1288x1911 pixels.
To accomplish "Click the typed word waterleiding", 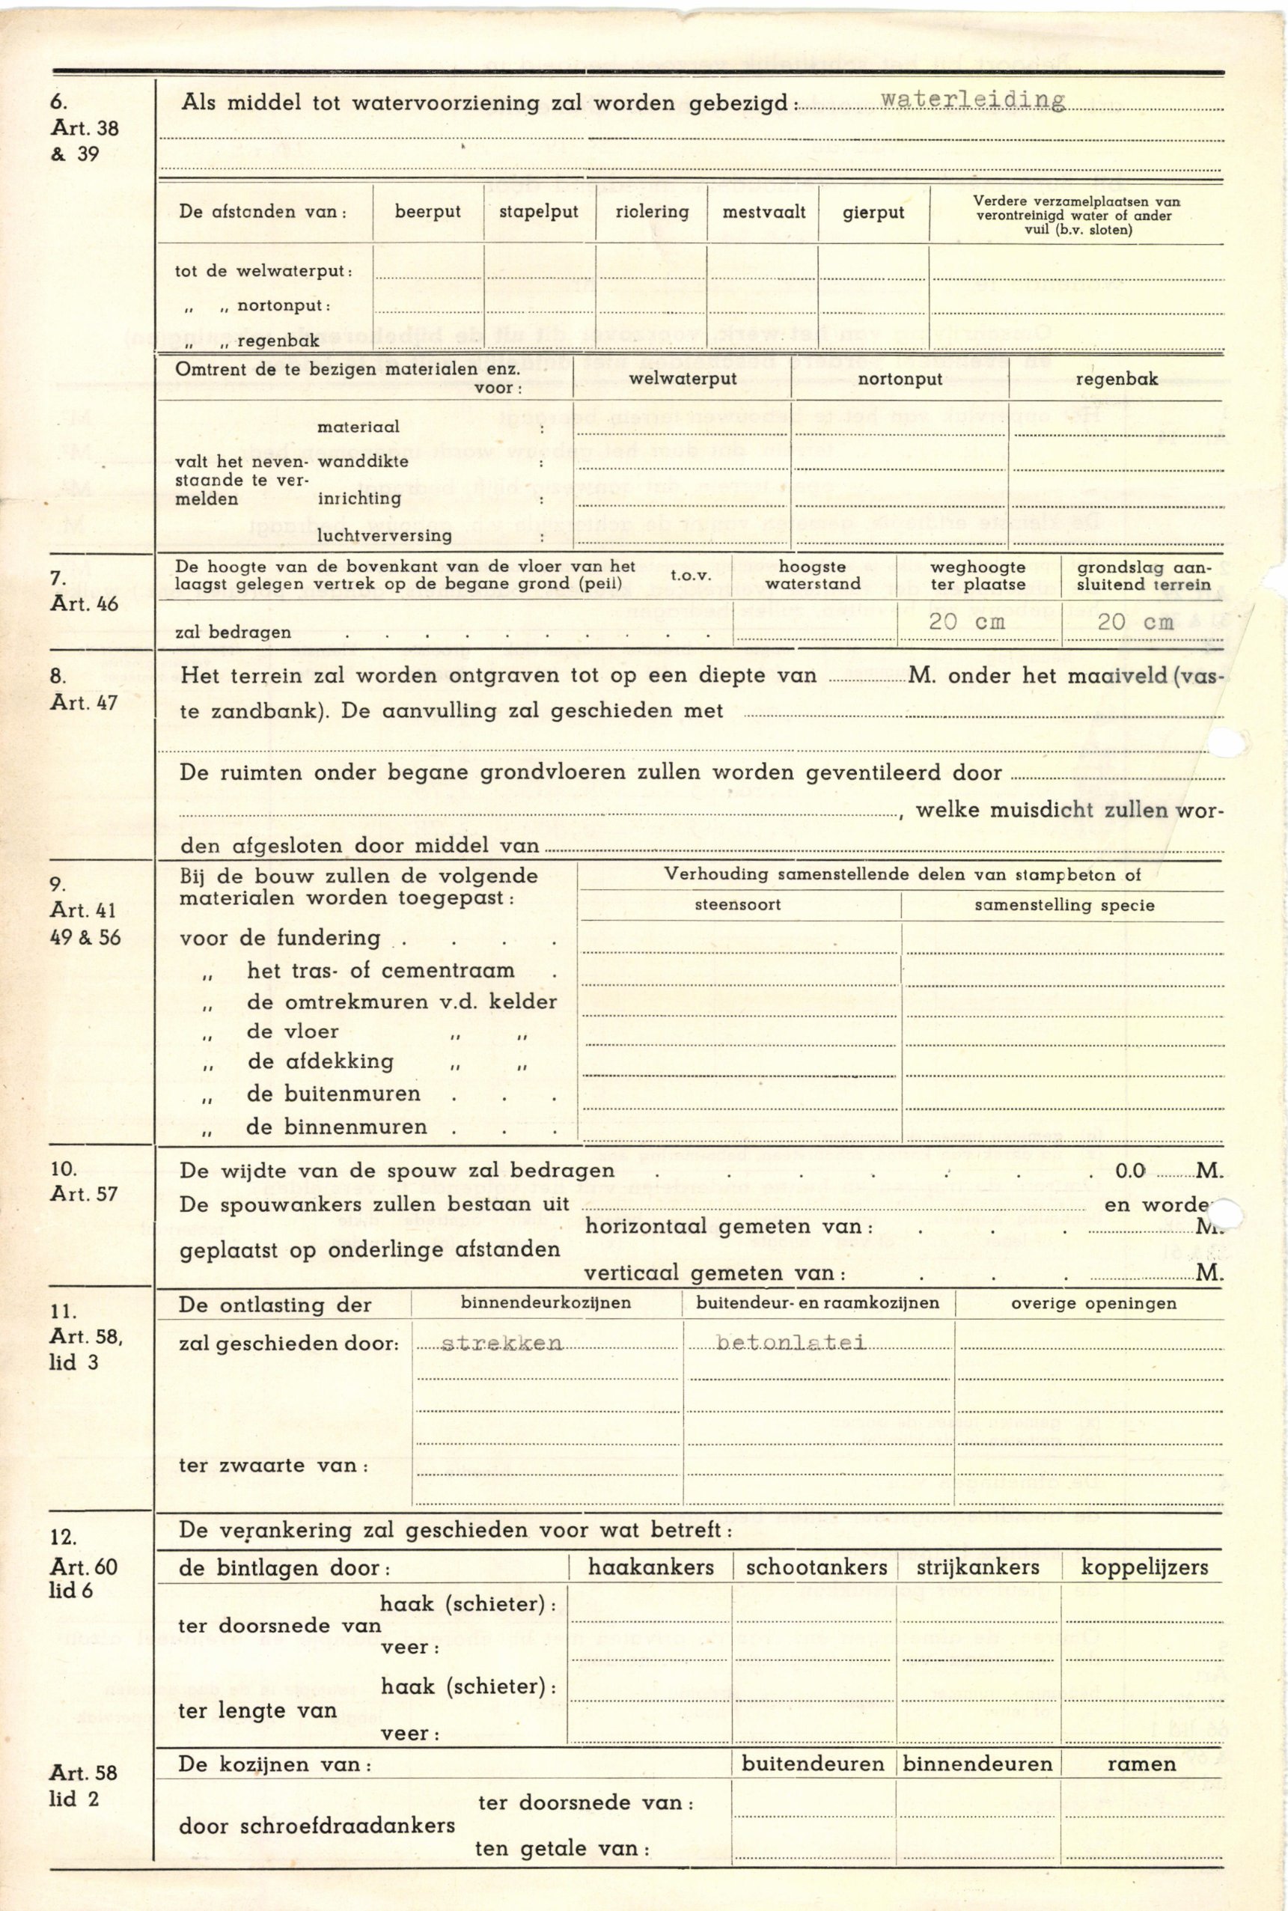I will pos(973,100).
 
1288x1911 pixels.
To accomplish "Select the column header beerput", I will pos(427,212).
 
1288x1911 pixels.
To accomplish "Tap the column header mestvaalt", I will pos(763,212).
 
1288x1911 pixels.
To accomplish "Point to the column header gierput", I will pos(873,212).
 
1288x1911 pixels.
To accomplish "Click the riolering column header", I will pos(651,212).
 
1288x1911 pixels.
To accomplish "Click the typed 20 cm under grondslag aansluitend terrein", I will pos(1135,622).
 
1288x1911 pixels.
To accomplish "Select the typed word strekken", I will pos(502,1344).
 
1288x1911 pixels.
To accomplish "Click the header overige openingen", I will pos(1093,1304).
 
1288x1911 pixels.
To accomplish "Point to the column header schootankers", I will pos(816,1567).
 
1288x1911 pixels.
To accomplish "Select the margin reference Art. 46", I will pos(85,605).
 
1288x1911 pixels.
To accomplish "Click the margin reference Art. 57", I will pos(85,1194).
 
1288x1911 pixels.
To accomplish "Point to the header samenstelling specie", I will pos(1063,906).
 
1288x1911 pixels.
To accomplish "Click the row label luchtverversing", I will pos(385,536).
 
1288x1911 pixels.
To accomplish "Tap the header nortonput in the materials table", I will pos(900,380).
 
